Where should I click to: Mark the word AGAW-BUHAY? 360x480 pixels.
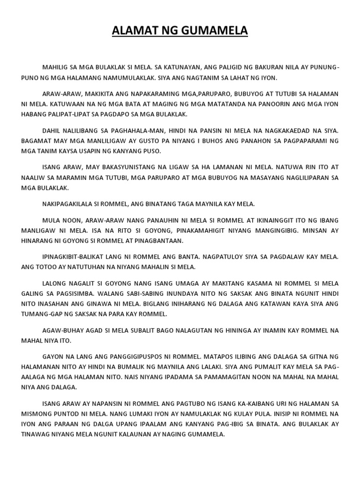(x=60, y=330)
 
